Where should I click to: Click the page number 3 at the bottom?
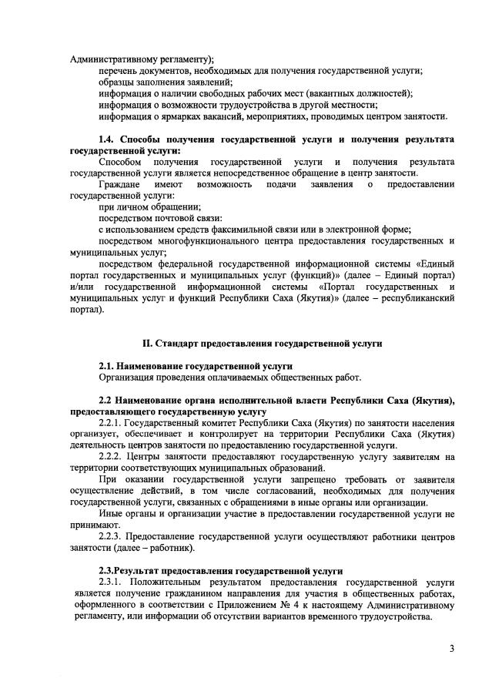point(453,649)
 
